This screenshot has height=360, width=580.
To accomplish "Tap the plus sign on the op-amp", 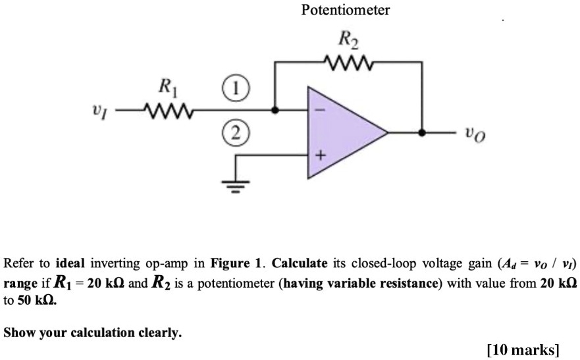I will coord(321,156).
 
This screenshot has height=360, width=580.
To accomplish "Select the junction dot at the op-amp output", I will coord(421,133).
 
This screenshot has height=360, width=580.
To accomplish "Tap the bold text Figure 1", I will coord(235,264).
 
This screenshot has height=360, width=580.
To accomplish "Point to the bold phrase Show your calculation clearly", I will coord(92,333).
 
